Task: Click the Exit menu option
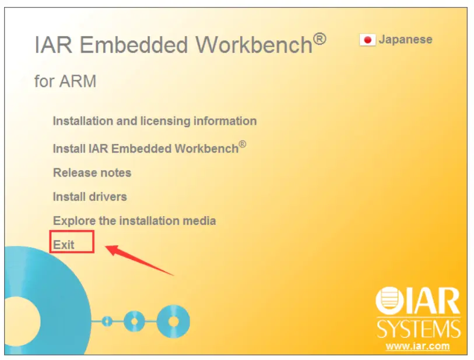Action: [64, 245]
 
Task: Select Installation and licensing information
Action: [155, 121]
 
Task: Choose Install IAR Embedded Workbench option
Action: [149, 148]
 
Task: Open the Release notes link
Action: [92, 173]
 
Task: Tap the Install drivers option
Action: [90, 197]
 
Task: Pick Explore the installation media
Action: [135, 221]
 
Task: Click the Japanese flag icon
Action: [367, 40]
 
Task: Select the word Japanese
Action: [405, 40]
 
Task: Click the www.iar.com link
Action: [418, 346]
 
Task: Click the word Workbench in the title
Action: [254, 45]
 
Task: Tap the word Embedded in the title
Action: [134, 45]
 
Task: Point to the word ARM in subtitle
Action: [78, 81]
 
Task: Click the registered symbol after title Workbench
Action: [319, 39]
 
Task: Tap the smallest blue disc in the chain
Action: [107, 321]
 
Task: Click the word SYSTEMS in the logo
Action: [419, 329]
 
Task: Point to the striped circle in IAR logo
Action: [390, 301]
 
